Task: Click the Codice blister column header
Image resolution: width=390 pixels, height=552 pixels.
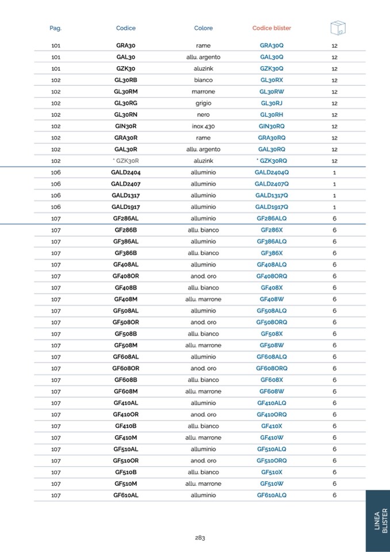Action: tap(272, 28)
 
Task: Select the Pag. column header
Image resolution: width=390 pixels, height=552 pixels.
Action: tap(56, 28)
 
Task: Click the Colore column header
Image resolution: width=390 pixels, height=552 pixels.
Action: tap(203, 28)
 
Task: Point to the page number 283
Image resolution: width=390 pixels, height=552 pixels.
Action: tap(200, 538)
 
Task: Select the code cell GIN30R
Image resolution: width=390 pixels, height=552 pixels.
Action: tap(125, 126)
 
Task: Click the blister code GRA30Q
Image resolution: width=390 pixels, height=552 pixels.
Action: tap(272, 45)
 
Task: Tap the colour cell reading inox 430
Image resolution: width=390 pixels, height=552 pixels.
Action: tap(203, 126)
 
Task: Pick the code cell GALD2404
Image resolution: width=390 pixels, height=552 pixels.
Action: tap(125, 172)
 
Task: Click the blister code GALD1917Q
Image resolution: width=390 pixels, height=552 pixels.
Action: tap(272, 207)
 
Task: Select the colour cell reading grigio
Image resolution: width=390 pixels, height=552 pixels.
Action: tap(203, 103)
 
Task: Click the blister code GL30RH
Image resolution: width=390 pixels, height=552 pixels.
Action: tap(272, 115)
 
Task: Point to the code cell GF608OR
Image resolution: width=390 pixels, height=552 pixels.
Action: tap(125, 368)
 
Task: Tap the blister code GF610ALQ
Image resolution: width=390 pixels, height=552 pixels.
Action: tap(272, 495)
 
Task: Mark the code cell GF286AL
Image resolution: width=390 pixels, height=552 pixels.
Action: tap(125, 218)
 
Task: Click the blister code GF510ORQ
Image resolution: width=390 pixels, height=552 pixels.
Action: tap(272, 460)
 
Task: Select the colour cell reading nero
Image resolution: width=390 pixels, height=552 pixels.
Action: tap(203, 115)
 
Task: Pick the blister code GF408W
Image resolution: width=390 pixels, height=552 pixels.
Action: tap(272, 299)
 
